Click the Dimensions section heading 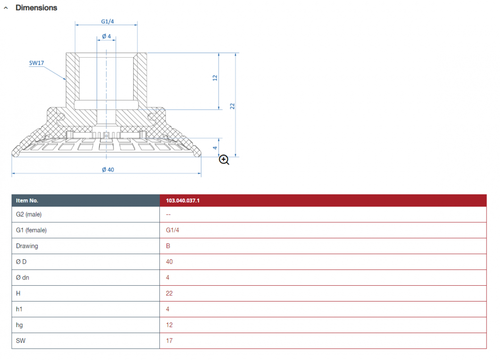[x=36, y=8]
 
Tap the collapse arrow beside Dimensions [x=6, y=8]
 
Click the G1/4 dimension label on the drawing [x=108, y=21]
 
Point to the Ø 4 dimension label [x=106, y=36]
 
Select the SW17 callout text [x=36, y=63]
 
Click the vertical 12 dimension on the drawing [x=215, y=78]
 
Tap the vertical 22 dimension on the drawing [x=232, y=106]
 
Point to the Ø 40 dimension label [x=108, y=170]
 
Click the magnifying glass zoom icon [x=224, y=160]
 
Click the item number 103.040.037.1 [x=183, y=200]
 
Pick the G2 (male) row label [x=29, y=214]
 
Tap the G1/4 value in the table [x=173, y=230]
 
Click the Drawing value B [x=168, y=246]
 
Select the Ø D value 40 [x=169, y=261]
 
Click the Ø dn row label [x=23, y=278]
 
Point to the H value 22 [x=169, y=293]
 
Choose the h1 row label [x=19, y=309]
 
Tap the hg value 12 [x=169, y=325]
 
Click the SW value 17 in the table [x=169, y=341]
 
